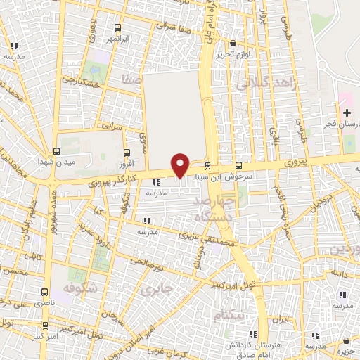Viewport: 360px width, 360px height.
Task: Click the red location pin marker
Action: point(181,164)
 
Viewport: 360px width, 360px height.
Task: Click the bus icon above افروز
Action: point(127,153)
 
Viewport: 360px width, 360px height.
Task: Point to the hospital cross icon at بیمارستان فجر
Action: point(347,112)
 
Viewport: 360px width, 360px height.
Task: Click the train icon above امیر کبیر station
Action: point(46,326)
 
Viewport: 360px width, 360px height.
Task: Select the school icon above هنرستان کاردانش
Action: point(259,335)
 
